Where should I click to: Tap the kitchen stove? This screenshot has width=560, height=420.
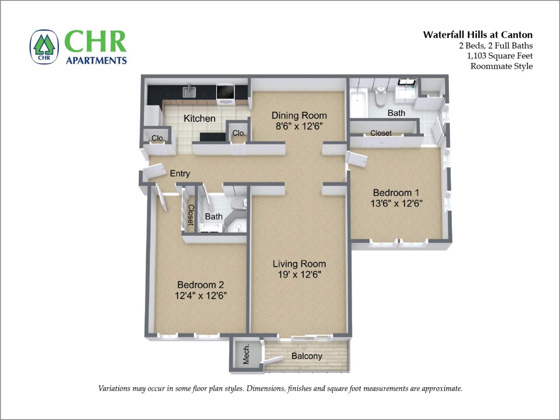226,94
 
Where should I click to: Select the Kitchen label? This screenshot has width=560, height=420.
199,119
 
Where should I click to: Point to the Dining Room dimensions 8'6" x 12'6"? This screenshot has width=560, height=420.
299,127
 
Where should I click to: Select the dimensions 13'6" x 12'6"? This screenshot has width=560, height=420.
396,203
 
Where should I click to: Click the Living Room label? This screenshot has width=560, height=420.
299,264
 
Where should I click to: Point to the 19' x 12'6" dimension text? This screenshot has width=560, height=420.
299,275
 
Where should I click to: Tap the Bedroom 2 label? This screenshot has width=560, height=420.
200,285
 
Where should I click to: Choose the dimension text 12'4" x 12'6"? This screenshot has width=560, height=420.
200,296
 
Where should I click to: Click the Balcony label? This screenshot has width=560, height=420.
307,356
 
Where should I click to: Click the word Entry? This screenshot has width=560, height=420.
180,174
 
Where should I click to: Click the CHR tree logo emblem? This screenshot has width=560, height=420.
44,47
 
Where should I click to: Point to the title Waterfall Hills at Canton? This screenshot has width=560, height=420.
477,35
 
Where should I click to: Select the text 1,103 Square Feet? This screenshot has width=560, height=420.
500,56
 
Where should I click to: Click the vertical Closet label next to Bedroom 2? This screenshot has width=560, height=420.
191,215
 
